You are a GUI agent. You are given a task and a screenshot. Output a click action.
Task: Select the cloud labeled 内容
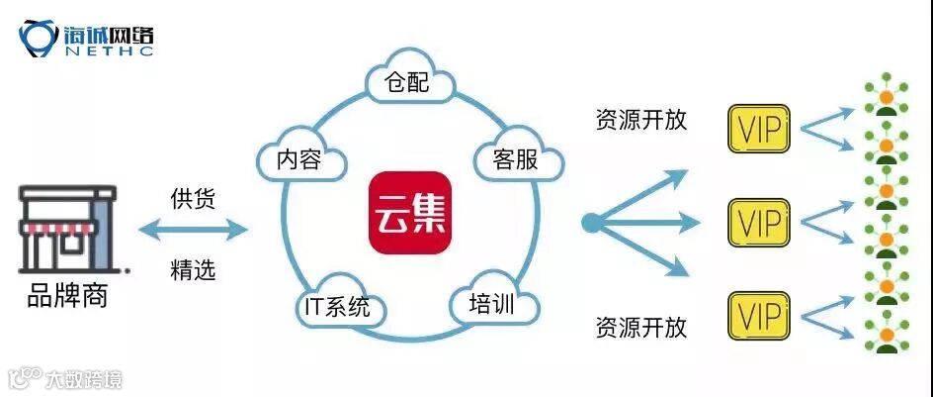pyautogui.click(x=299, y=159)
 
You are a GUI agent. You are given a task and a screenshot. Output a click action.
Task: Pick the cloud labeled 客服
pyautogui.click(x=515, y=158)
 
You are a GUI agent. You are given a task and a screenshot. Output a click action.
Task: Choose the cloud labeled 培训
pyautogui.click(x=490, y=303)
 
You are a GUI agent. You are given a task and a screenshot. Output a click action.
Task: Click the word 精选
pyautogui.click(x=193, y=269)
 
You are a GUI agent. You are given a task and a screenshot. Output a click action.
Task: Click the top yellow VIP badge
pyautogui.click(x=758, y=129)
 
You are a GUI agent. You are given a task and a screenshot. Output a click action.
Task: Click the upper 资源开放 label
pyautogui.click(x=640, y=120)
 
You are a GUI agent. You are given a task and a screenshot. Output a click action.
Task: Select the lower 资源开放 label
pyautogui.click(x=640, y=327)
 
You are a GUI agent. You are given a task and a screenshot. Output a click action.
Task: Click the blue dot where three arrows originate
pyautogui.click(x=591, y=223)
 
